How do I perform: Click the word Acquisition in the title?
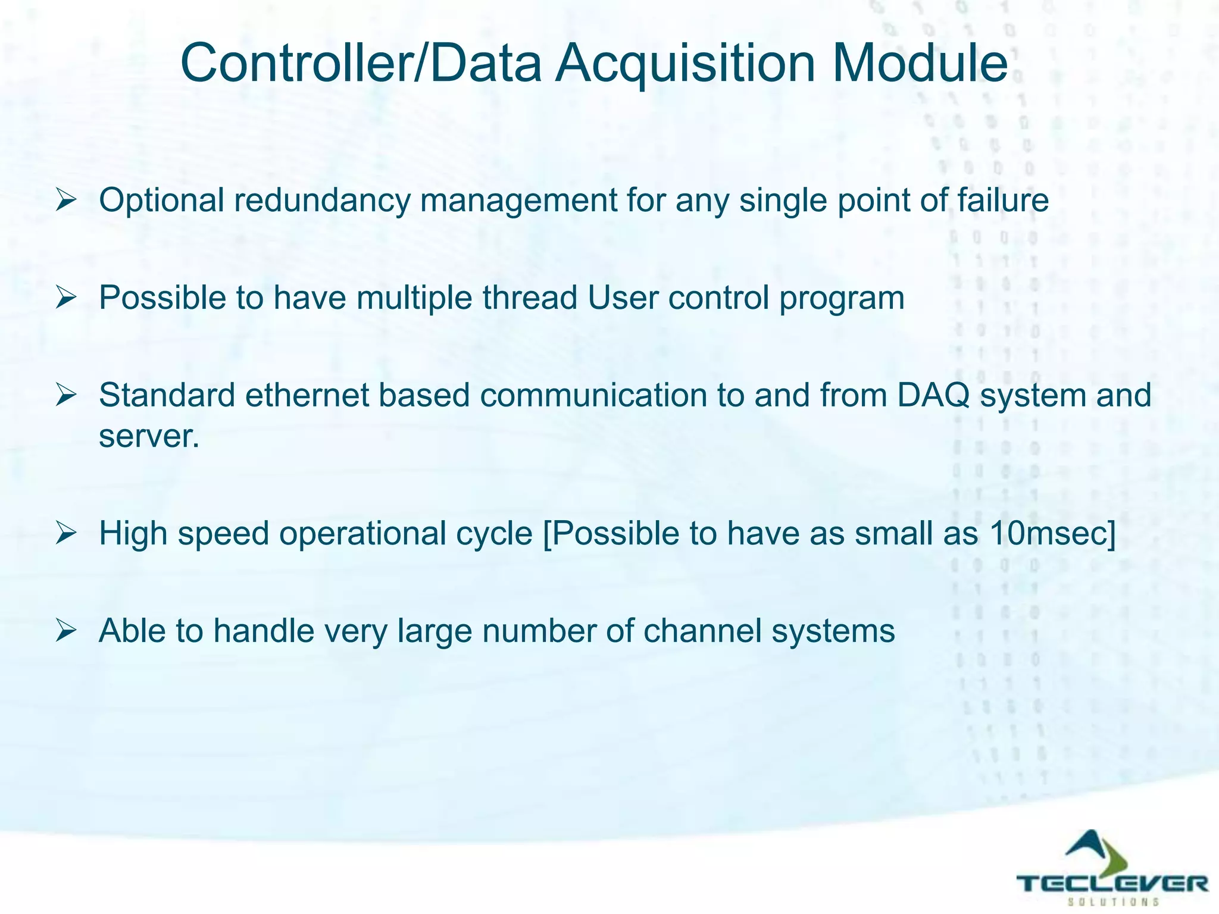684,64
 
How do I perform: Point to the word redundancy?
322,200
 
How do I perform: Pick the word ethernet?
307,395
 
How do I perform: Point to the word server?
148,436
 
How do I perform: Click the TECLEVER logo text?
1112,882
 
